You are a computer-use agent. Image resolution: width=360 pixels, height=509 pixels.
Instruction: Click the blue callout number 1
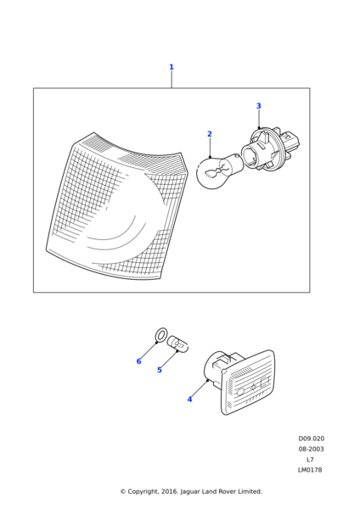[x=172, y=67]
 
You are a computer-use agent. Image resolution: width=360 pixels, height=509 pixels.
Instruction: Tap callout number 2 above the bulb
[x=210, y=134]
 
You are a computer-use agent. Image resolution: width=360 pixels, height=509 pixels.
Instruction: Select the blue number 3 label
[x=259, y=106]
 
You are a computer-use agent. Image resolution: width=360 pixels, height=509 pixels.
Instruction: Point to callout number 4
[x=189, y=400]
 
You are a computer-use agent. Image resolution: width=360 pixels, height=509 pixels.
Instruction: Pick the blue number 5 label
[x=160, y=370]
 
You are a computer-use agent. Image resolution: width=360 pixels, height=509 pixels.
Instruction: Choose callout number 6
[x=138, y=361]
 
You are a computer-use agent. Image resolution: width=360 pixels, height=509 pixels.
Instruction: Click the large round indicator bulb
[x=219, y=171]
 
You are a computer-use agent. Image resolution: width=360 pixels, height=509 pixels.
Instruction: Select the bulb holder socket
[x=271, y=149]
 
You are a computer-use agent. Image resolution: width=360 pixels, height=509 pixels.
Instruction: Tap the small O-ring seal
[x=160, y=335]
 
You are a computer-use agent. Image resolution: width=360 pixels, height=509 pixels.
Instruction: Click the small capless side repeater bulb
[x=177, y=344]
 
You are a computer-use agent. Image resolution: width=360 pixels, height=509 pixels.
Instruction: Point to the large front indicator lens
[x=117, y=206]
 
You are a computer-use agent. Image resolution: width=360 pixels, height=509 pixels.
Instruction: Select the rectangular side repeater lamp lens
[x=248, y=383]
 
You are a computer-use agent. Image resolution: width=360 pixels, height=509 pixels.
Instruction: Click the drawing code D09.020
[x=312, y=439]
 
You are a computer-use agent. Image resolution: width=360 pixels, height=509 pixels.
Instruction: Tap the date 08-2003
[x=312, y=449]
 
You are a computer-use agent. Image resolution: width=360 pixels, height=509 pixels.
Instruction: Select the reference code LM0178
[x=310, y=470]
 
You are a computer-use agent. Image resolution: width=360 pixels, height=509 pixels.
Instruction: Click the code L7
[x=310, y=459]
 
